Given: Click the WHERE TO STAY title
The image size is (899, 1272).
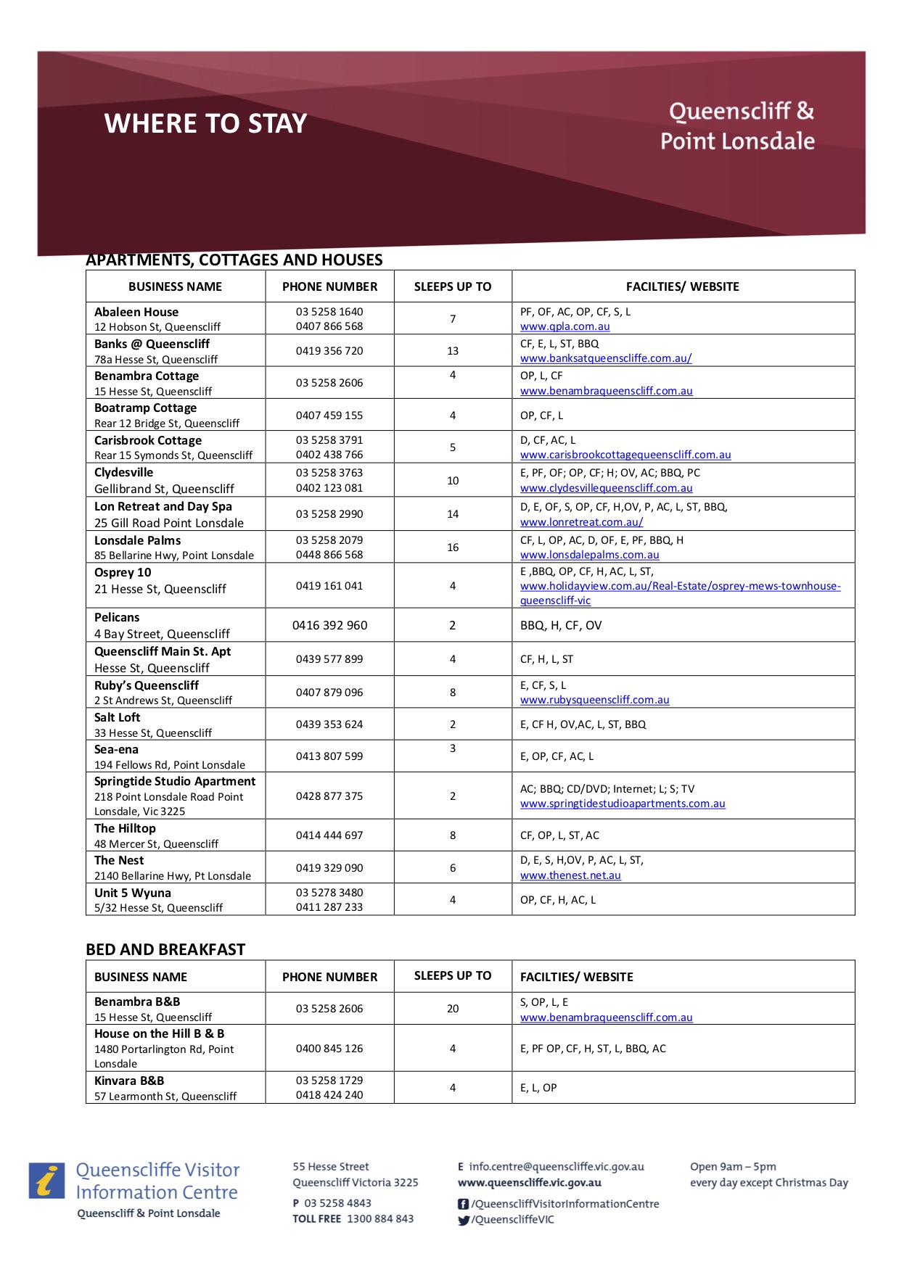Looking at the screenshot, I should (x=205, y=124).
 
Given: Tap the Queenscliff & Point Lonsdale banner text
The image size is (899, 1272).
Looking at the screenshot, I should (x=737, y=126).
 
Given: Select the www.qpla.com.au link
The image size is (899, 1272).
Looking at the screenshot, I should (x=565, y=326).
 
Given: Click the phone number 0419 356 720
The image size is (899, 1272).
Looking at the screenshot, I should (x=329, y=351).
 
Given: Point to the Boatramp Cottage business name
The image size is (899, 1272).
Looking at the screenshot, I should (x=145, y=408).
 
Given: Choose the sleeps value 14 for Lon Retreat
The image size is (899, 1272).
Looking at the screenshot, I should (x=453, y=514).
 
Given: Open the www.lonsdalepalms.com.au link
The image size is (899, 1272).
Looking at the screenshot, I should (x=589, y=555).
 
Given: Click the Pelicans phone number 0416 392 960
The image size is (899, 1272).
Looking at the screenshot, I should (x=329, y=625).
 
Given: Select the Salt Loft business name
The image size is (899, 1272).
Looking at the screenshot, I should (x=117, y=717).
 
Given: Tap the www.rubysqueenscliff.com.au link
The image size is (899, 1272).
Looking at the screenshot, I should (x=594, y=700).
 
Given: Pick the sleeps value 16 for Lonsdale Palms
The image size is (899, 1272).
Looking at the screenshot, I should (x=453, y=548).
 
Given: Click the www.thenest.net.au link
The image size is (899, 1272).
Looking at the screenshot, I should (x=570, y=875).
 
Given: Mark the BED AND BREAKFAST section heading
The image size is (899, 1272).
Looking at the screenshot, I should (x=165, y=949).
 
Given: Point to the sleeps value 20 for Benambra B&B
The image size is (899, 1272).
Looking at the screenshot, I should (x=453, y=1009).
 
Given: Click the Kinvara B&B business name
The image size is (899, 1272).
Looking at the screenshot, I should (x=129, y=1081).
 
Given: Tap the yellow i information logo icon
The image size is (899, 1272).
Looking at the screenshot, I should (x=47, y=1181).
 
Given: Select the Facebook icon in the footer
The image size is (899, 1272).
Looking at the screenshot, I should (x=463, y=1204).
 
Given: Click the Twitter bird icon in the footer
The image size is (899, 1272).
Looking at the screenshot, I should (x=463, y=1220).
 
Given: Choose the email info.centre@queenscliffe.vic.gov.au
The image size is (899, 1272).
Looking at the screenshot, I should (x=556, y=1167).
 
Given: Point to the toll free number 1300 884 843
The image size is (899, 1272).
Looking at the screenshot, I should (x=379, y=1219).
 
